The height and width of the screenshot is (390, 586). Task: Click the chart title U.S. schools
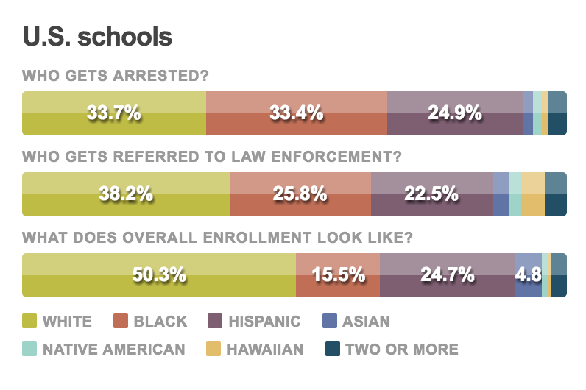98,37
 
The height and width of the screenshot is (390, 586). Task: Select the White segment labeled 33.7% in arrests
114,113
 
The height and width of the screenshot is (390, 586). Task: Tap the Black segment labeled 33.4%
296,113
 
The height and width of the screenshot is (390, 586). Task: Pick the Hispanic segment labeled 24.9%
454,113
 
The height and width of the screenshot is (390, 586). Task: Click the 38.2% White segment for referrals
126,194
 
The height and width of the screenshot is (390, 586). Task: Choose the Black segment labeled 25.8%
300,194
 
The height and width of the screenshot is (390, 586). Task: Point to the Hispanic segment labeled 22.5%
431,194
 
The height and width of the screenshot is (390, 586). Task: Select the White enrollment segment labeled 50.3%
159,275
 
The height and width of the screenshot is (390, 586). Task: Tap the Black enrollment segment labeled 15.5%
338,275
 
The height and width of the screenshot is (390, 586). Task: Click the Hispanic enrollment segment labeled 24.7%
447,275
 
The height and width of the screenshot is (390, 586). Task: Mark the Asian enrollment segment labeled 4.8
529,275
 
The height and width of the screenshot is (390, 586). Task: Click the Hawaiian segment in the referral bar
532,194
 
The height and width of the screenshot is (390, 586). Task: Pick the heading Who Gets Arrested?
116,76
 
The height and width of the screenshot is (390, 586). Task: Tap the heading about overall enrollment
217,238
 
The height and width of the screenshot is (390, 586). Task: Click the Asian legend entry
356,321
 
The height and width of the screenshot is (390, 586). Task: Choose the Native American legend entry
105,349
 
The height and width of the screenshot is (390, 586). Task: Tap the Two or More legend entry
392,349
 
